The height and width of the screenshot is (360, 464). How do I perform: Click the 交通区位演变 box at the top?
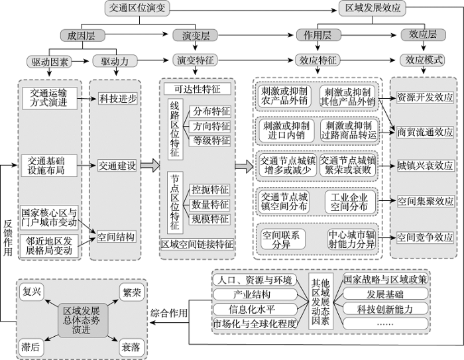click(x=137, y=8)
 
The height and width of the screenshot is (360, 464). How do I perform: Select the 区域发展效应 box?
click(x=373, y=8)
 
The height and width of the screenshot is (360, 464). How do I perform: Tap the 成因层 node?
click(x=83, y=36)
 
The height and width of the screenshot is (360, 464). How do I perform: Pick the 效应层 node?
click(x=423, y=35)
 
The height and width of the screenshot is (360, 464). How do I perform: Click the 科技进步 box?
click(x=118, y=99)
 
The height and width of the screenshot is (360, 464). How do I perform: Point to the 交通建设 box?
click(x=117, y=166)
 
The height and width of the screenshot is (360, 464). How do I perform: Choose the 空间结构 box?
click(x=116, y=237)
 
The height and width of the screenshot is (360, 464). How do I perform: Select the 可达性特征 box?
click(x=198, y=89)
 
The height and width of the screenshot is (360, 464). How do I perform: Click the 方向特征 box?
click(x=210, y=127)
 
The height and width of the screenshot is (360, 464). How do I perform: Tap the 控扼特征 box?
click(x=210, y=190)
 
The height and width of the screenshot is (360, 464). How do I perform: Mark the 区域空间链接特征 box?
click(x=197, y=244)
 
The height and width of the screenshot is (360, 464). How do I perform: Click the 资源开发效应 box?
click(x=425, y=97)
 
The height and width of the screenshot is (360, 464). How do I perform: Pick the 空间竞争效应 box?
click(x=426, y=237)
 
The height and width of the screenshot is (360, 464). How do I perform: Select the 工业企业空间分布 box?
click(x=350, y=202)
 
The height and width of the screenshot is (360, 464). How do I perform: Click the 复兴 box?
click(x=32, y=292)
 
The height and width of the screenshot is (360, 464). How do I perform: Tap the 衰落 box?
click(x=131, y=347)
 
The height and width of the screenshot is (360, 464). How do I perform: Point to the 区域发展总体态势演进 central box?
click(x=83, y=320)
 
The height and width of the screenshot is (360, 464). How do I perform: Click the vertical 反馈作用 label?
click(x=8, y=238)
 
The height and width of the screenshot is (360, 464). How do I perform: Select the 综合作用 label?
click(x=169, y=313)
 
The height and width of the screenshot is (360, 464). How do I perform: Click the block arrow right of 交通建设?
click(x=150, y=165)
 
